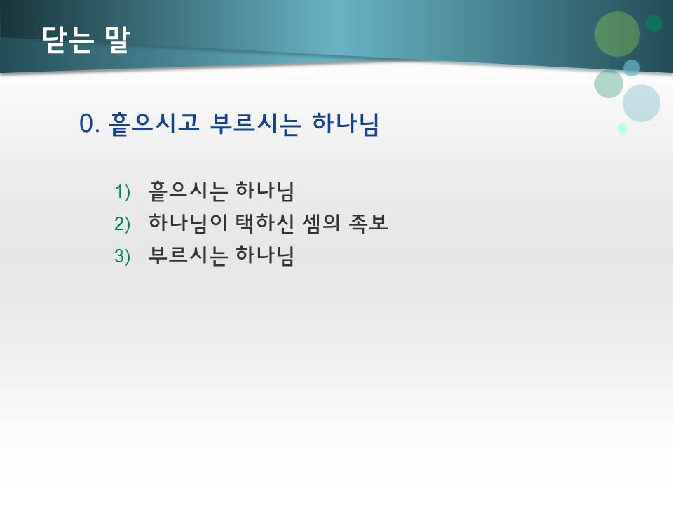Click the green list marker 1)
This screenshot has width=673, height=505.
pos(123,191)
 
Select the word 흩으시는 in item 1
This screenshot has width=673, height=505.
pos(187,191)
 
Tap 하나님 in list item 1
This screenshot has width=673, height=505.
pos(264,191)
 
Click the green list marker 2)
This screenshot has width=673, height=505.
pos(123,224)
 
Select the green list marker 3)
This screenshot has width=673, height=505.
pos(123,257)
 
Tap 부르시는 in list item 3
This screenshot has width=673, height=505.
pos(187,257)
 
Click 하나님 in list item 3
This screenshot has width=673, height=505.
pos(264,257)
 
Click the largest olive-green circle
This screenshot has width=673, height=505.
pos(617,34)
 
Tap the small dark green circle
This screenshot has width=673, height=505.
pos(654,23)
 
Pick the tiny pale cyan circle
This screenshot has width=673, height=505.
pos(622,128)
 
